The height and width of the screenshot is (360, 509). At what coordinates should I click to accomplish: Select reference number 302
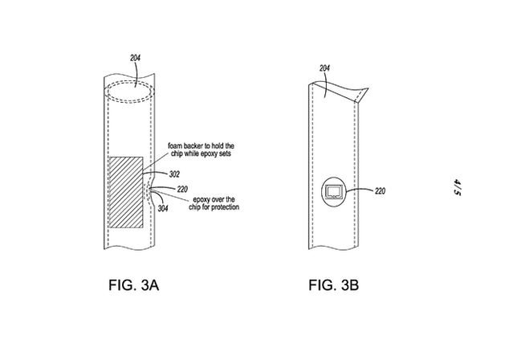[x=175, y=172]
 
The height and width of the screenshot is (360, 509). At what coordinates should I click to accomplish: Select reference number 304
[x=164, y=208]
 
